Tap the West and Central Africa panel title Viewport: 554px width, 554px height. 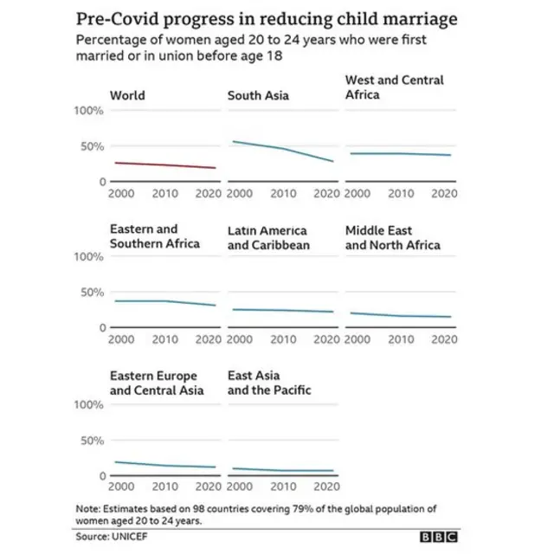(x=394, y=87)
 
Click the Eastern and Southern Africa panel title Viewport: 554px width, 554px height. (x=154, y=236)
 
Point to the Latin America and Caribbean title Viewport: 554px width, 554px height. (x=267, y=238)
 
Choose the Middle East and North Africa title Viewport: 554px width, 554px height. (x=392, y=238)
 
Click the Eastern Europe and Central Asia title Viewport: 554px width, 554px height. (x=156, y=383)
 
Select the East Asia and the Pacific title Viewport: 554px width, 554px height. (x=268, y=383)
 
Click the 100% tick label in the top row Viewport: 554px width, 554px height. (x=89, y=111)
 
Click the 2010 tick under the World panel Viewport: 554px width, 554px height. (x=164, y=194)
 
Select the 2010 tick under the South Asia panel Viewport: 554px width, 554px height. (x=283, y=194)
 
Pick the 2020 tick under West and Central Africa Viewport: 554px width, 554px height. (x=442, y=194)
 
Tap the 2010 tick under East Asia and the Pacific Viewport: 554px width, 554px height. (x=283, y=487)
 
